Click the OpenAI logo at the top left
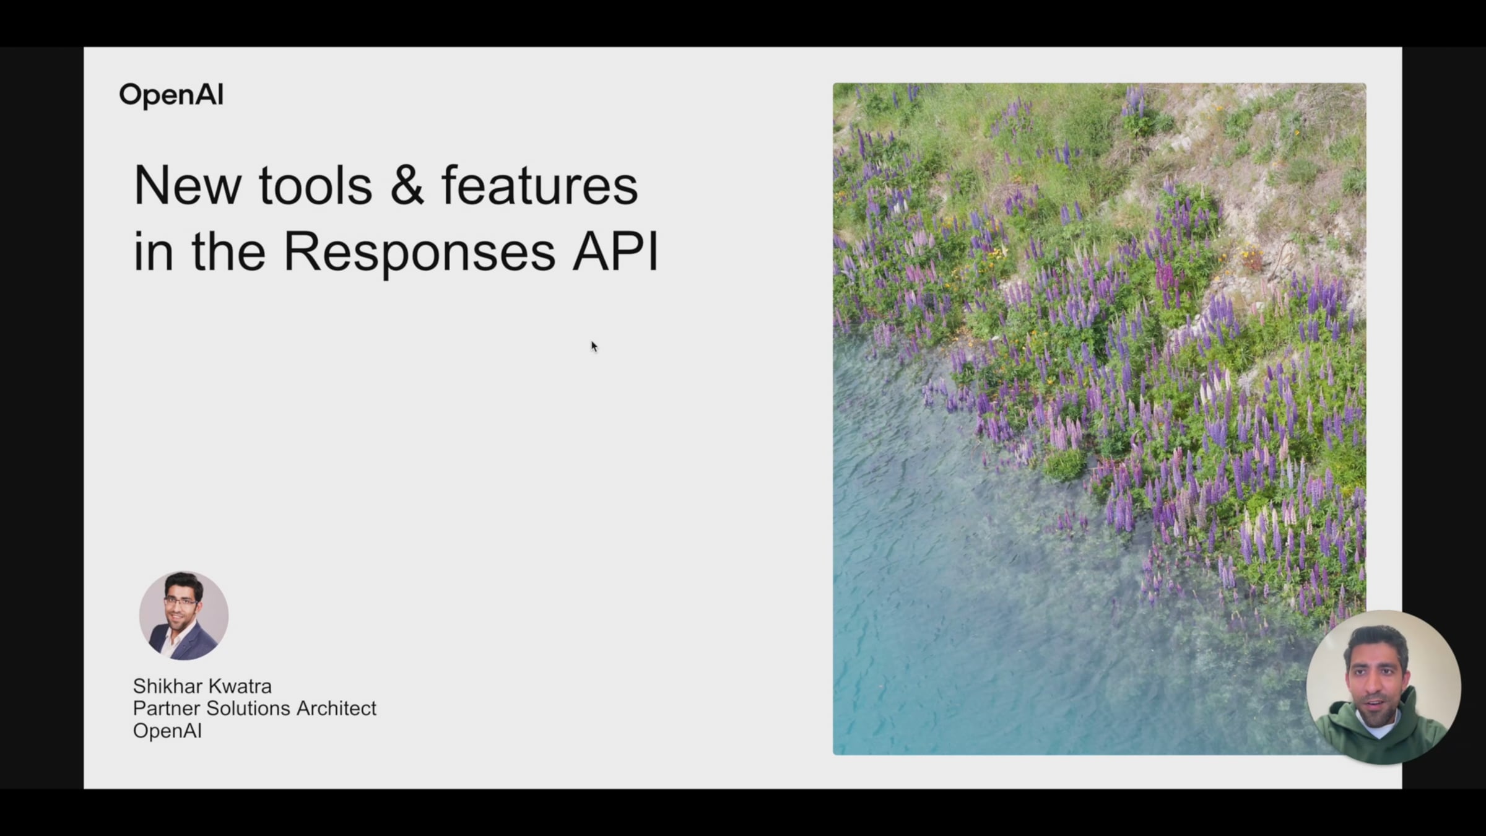click(172, 95)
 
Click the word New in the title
click(187, 185)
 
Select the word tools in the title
click(315, 185)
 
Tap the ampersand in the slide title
click(407, 185)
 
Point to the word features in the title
click(539, 185)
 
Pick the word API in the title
click(615, 251)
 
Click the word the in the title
click(228, 251)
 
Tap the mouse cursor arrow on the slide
click(594, 347)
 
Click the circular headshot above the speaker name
click(184, 616)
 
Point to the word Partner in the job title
click(167, 708)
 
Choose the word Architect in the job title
click(336, 708)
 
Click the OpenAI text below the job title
click(167, 731)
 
